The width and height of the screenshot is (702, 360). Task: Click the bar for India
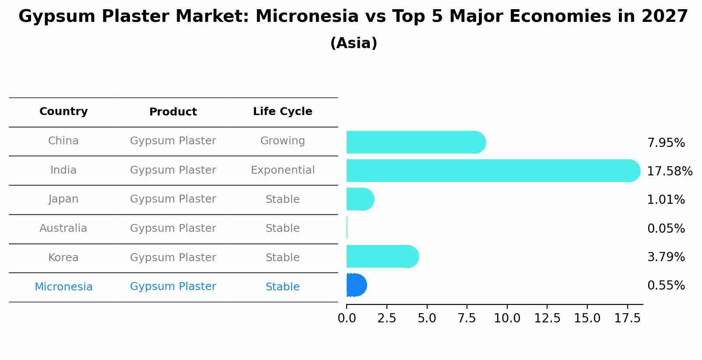[x=493, y=171]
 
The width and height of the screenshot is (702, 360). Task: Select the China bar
[x=416, y=142]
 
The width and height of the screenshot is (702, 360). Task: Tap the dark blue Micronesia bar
[x=357, y=285]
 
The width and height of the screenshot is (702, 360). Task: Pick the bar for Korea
[x=383, y=256]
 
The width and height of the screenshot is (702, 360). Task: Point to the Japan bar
[x=360, y=199]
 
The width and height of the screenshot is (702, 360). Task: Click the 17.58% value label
[x=670, y=171]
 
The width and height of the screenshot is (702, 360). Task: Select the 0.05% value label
[x=666, y=228]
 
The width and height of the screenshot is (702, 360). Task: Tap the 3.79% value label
[x=666, y=257]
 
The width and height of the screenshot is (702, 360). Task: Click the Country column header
[x=63, y=112]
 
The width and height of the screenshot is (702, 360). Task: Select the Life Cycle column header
[x=283, y=112]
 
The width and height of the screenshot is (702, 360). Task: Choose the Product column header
[x=173, y=112]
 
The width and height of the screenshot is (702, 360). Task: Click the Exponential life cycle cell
[x=283, y=170]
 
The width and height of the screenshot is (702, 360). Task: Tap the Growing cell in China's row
[x=283, y=141]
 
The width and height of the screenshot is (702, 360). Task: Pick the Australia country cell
[x=63, y=228]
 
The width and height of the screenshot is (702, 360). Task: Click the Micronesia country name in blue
[x=63, y=287]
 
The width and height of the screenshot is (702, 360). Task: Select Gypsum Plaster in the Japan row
[x=173, y=199]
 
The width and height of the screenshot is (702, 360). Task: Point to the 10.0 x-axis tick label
[x=507, y=318]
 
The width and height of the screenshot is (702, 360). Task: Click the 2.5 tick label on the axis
[x=387, y=318]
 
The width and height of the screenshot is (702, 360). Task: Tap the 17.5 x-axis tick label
[x=628, y=318]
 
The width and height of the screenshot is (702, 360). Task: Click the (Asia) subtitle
[x=354, y=43]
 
